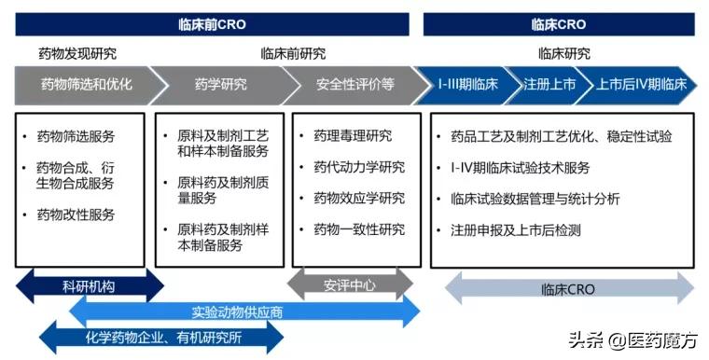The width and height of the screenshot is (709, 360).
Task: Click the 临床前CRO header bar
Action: pos(212,24)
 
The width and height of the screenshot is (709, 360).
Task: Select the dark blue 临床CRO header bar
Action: pos(558,24)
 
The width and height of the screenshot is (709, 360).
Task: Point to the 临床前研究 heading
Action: pos(293,53)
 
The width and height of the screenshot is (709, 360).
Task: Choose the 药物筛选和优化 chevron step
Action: pos(85,85)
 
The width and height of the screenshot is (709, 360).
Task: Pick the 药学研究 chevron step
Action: pos(220,85)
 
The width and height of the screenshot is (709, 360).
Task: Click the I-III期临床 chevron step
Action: pos(467,85)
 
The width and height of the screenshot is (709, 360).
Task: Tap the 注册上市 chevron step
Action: pos(549,85)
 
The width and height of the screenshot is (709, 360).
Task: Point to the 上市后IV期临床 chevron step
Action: pos(641,85)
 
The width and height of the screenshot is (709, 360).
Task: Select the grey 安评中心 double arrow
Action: pos(350,284)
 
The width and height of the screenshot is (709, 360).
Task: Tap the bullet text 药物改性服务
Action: pos(76,215)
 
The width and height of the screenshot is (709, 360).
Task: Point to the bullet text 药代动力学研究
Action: pos(359,167)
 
